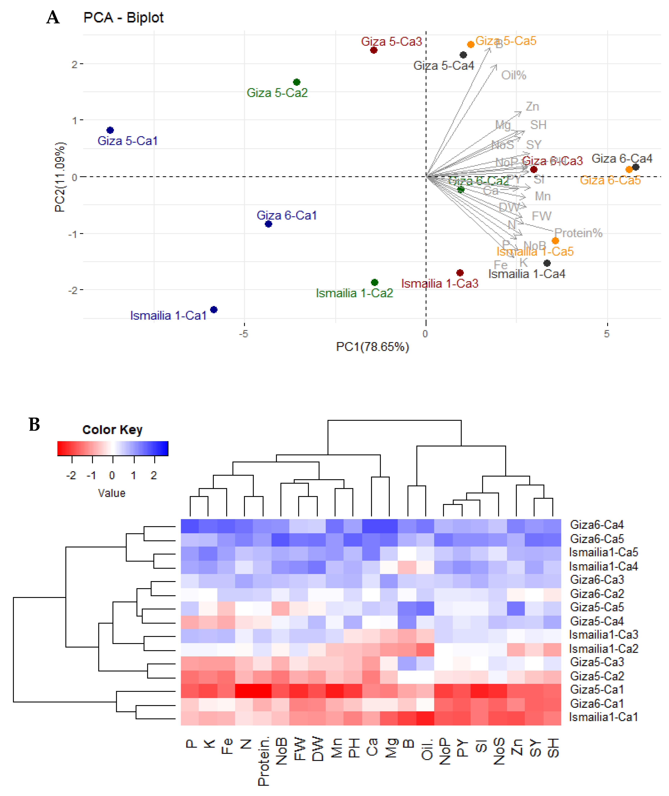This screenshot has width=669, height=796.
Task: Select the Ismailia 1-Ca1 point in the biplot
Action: click(214, 310)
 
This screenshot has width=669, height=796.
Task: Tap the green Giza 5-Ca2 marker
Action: click(297, 82)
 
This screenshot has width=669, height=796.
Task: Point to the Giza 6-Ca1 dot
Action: click(268, 224)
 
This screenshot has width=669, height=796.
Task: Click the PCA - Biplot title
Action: click(123, 17)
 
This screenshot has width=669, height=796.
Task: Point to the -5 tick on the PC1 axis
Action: click(243, 333)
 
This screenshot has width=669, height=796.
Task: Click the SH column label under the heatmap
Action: click(553, 747)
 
